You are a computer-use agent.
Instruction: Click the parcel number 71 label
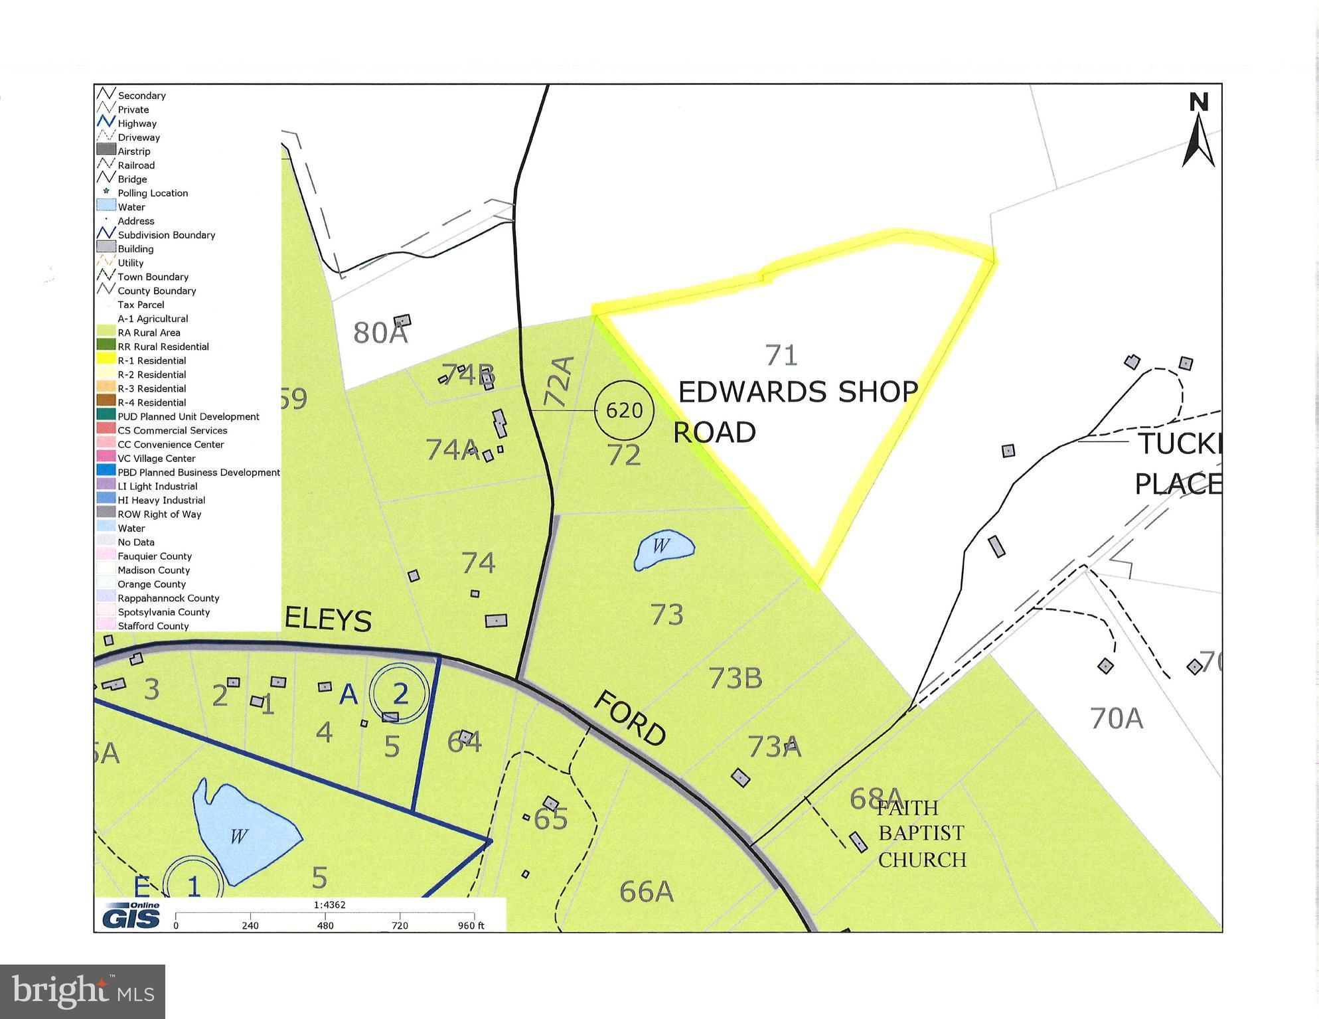tap(781, 355)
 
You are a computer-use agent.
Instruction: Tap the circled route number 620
tap(624, 410)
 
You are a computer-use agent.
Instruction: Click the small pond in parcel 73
tap(663, 549)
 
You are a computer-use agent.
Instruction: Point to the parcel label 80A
tap(380, 333)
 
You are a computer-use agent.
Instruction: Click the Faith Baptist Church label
tap(921, 833)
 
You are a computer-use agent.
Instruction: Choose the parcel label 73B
tap(736, 678)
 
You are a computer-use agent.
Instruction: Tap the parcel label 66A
tap(646, 892)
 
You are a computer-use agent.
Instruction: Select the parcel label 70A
tap(1117, 718)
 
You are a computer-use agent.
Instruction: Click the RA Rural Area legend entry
tap(149, 333)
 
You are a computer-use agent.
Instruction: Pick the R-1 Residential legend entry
tap(151, 360)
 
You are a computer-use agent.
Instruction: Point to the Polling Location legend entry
tap(152, 193)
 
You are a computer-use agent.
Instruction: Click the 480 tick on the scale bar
tap(325, 925)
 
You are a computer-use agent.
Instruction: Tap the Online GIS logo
tap(131, 915)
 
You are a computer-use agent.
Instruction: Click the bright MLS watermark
tap(83, 992)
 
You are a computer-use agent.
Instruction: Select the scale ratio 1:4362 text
tap(330, 905)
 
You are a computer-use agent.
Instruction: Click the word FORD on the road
tap(629, 718)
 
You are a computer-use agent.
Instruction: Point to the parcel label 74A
tap(452, 449)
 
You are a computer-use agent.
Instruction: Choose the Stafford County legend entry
tap(153, 626)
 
